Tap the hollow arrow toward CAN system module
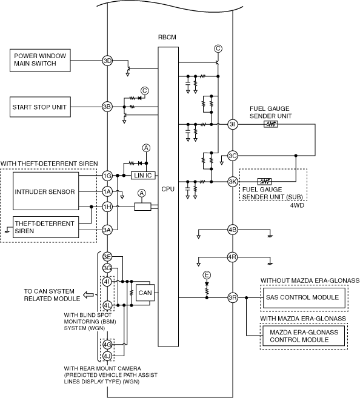click(x=88, y=295)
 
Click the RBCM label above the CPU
click(x=167, y=38)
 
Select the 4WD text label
click(x=297, y=205)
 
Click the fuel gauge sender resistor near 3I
click(x=271, y=124)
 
